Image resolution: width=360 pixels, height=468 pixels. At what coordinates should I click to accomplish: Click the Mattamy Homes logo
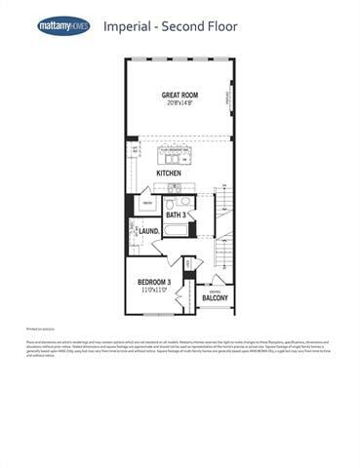pyautogui.click(x=63, y=26)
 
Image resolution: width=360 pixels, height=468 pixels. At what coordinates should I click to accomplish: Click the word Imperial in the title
pyautogui.click(x=127, y=26)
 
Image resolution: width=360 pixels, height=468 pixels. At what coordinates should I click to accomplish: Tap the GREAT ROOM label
pyautogui.click(x=180, y=95)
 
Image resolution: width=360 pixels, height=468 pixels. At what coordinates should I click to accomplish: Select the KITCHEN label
pyautogui.click(x=169, y=173)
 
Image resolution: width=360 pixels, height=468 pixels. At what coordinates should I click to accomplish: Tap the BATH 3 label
pyautogui.click(x=176, y=214)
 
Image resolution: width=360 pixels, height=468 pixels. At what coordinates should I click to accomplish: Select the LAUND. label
pyautogui.click(x=148, y=231)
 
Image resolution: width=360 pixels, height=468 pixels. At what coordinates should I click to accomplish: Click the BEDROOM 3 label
pyautogui.click(x=154, y=282)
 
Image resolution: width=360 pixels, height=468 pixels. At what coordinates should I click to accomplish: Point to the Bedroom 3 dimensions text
pyautogui.click(x=154, y=291)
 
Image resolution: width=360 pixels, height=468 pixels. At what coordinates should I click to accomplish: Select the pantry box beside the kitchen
pyautogui.click(x=146, y=204)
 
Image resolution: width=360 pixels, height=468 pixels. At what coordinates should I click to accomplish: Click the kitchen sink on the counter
pyautogui.click(x=174, y=187)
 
